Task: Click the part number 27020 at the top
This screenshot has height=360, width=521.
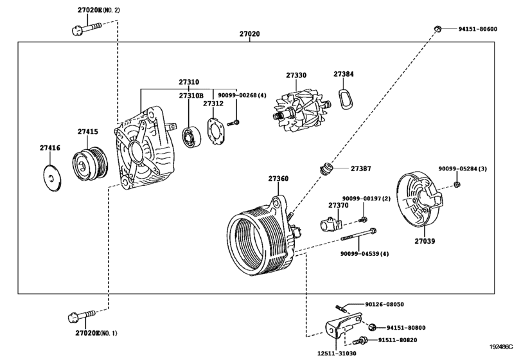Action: pyautogui.click(x=250, y=33)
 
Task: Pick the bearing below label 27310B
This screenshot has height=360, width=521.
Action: pyautogui.click(x=191, y=136)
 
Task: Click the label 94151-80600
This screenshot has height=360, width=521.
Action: pyautogui.click(x=477, y=29)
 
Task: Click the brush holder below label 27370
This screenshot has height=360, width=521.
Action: pyautogui.click(x=331, y=224)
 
